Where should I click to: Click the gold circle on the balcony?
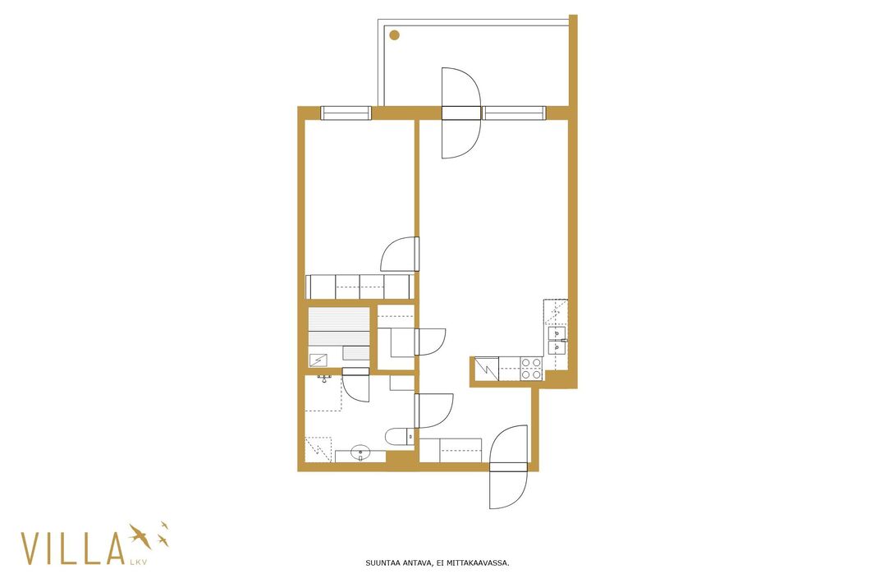[x=395, y=35]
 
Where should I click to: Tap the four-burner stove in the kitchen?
[x=531, y=369]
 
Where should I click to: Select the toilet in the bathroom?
[x=400, y=437]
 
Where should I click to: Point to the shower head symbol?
[x=324, y=379]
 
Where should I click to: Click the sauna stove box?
[x=318, y=360]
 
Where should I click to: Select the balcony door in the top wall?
[x=461, y=112]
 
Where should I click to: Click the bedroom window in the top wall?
[x=346, y=112]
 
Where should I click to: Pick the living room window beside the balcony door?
[x=514, y=112]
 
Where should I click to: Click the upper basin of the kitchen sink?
[x=557, y=333]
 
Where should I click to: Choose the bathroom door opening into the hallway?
[x=433, y=411]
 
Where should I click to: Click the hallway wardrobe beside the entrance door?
[x=451, y=450]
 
